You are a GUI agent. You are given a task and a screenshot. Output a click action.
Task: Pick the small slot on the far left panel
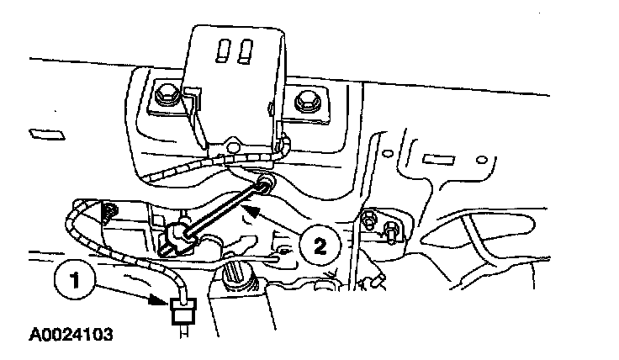point(43,134)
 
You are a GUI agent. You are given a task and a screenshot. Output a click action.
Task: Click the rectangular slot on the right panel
point(437,158)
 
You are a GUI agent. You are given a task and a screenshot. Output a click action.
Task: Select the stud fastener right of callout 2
point(371,222)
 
